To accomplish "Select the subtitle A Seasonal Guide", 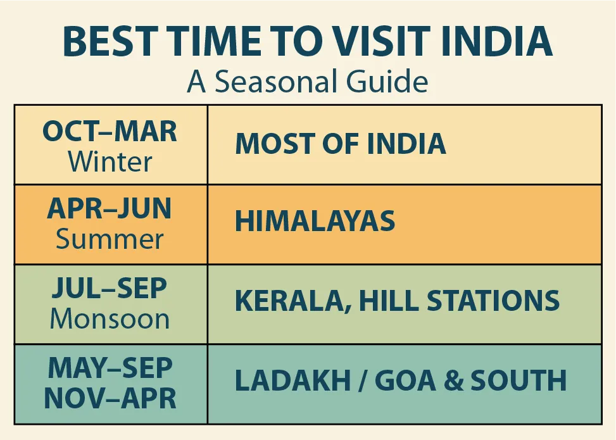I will (308, 82).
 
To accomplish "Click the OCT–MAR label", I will (110, 132).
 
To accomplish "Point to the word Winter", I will (110, 162).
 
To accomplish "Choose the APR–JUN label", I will (110, 210).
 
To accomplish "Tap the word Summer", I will (110, 240).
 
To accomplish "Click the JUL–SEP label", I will (110, 288).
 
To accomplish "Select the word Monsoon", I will (110, 318).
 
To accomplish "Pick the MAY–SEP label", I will (110, 368).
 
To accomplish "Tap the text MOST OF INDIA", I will (341, 144).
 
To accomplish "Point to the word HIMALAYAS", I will (315, 222).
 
